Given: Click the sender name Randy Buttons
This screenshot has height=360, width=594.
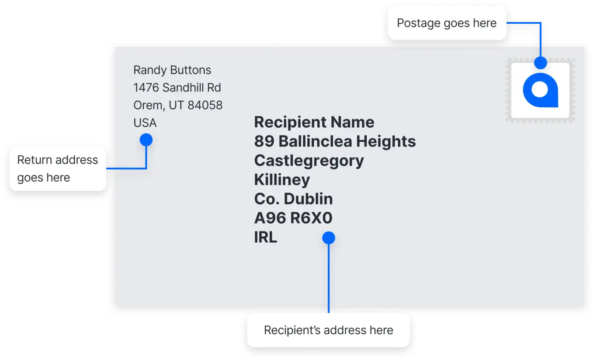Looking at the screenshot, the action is tap(172, 70).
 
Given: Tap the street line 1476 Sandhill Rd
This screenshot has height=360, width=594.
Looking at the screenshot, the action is tap(177, 87).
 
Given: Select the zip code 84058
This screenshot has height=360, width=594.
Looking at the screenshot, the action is tap(205, 105).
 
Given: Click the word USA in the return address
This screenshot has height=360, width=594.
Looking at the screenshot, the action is tap(145, 122).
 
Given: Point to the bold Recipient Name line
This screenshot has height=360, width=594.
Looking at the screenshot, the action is tap(314, 122).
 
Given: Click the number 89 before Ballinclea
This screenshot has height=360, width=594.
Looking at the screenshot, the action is tap(264, 141).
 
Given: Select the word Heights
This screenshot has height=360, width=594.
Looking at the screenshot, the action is tap(386, 141).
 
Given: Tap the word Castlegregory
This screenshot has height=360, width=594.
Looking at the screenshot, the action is tap(309, 161).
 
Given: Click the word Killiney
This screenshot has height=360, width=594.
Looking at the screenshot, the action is tap(282, 180).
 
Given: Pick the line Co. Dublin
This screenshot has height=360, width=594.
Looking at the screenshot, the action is tap(293, 199).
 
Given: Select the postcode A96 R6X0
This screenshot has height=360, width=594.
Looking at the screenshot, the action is tap(293, 218).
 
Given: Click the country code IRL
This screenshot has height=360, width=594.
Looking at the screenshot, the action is tap(265, 237).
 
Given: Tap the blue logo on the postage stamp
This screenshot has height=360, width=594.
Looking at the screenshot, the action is tap(540, 90).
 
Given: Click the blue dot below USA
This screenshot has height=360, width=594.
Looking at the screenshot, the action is tap(146, 140).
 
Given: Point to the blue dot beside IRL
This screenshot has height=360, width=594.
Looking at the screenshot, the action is tap(329, 238).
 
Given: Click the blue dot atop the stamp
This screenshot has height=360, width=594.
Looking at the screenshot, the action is tap(540, 63).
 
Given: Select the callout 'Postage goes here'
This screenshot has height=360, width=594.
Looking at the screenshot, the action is tap(447, 23).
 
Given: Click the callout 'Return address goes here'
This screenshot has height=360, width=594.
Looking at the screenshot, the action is tap(58, 169).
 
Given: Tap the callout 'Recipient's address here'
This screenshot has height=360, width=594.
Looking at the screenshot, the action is tap(328, 330).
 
